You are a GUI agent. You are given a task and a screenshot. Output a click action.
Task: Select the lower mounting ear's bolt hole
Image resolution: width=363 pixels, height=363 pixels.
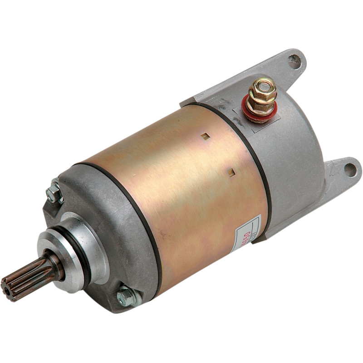(x=350, y=170)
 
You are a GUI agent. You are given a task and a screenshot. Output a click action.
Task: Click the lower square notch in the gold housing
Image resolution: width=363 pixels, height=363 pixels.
(x=231, y=172)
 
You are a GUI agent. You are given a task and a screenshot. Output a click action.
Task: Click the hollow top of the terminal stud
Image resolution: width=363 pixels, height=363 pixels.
(x=262, y=83)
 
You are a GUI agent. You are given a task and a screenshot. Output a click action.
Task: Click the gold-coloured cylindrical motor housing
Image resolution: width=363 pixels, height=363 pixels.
(x=181, y=191)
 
